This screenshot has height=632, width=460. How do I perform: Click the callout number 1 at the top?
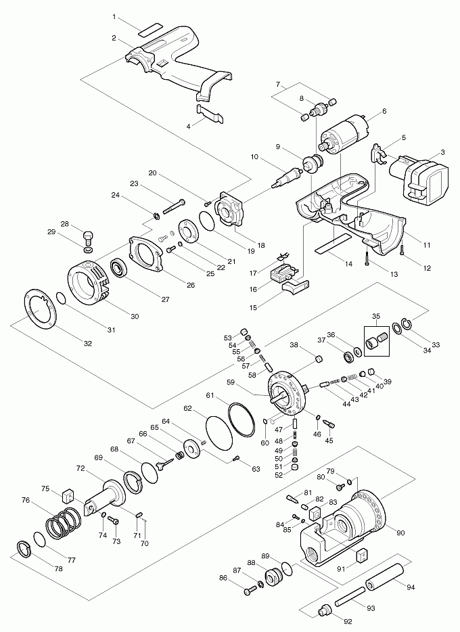pyautogui.click(x=115, y=16)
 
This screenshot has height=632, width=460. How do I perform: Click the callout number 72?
pyautogui.click(x=80, y=468)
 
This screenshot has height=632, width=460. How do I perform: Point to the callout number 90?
pyautogui.click(x=400, y=533)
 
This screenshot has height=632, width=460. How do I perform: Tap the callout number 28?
pyautogui.click(x=65, y=223)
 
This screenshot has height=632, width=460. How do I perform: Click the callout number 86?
pyautogui.click(x=223, y=579)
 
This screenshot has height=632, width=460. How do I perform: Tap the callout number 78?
pyautogui.click(x=60, y=570)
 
